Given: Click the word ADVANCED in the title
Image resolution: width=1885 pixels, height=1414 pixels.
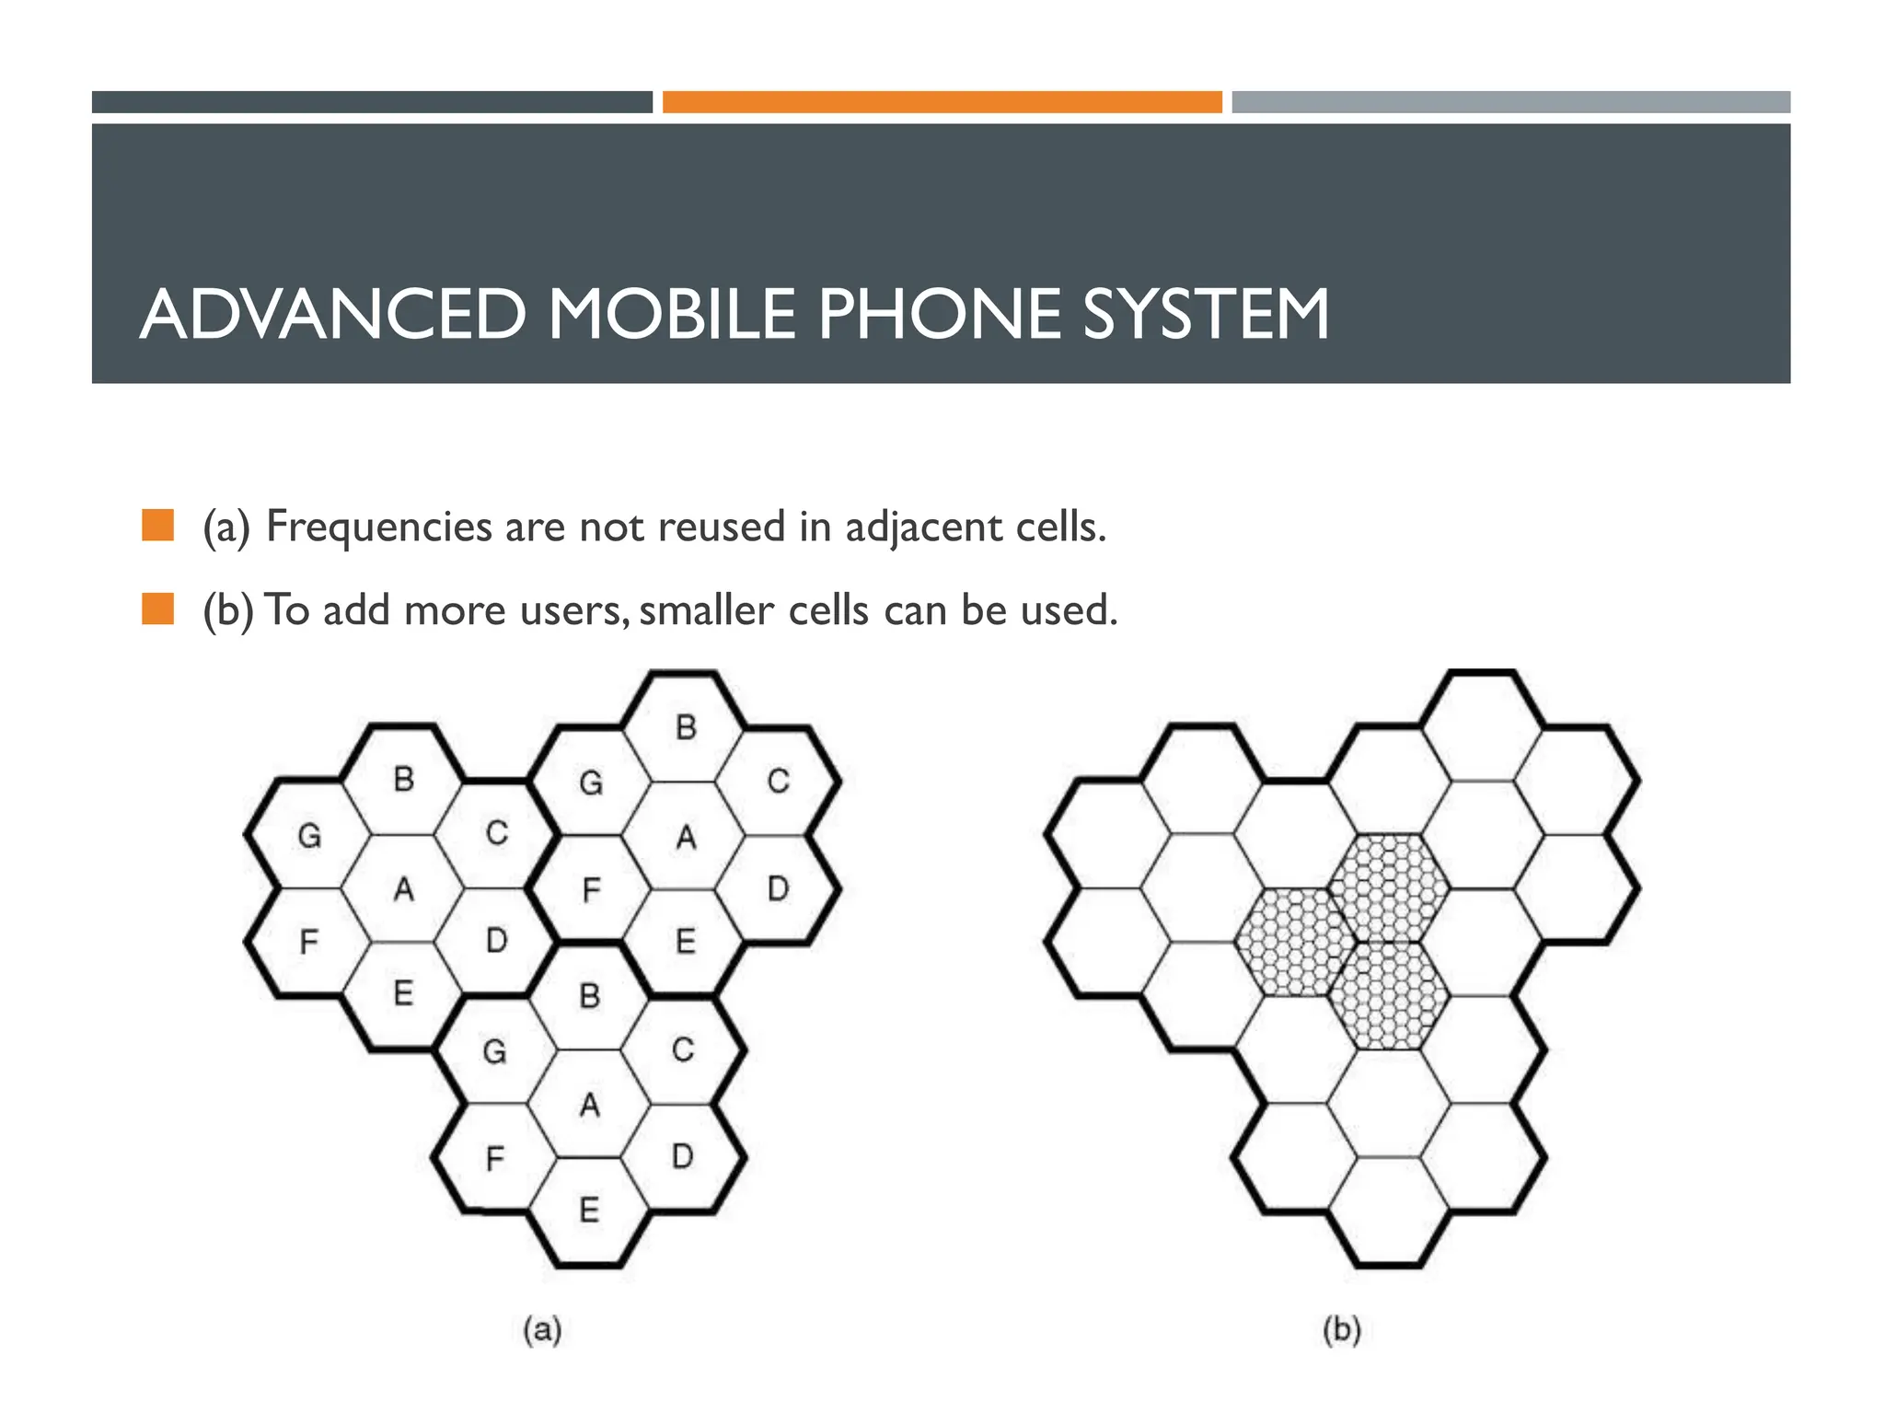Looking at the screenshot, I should click(x=333, y=315).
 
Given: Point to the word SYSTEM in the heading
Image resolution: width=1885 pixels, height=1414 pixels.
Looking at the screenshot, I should click(x=1205, y=315).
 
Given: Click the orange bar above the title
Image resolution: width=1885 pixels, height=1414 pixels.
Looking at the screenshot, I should click(x=942, y=102).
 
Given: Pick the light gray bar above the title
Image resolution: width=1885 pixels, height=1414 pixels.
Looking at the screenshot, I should click(x=1510, y=102).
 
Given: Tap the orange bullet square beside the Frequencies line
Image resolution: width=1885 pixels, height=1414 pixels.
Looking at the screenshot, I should click(x=158, y=526).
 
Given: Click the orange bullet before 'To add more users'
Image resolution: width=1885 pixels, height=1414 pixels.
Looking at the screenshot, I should click(x=158, y=609).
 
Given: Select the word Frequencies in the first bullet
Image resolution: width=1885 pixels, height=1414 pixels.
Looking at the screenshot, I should click(x=378, y=527).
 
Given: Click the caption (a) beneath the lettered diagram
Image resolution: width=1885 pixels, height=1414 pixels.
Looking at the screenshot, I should click(x=542, y=1330).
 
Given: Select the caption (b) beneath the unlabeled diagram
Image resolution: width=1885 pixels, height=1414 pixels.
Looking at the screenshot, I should click(x=1341, y=1330).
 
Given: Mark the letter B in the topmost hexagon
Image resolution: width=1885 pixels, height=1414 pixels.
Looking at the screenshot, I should click(x=686, y=728).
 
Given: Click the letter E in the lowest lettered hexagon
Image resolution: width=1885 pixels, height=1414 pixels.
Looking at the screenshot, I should click(x=590, y=1210).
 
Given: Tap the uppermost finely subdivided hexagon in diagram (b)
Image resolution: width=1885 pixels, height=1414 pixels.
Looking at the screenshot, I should click(x=1389, y=887).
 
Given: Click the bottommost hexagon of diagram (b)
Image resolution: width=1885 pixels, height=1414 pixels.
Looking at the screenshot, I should click(x=1389, y=1211).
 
